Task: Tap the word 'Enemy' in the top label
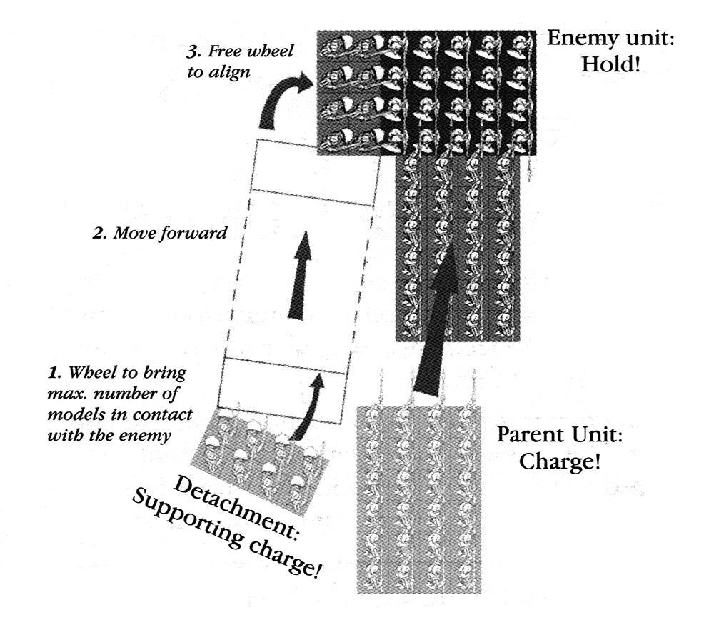tap(578, 37)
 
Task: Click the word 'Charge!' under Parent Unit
tap(559, 461)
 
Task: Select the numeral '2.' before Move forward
tap(99, 233)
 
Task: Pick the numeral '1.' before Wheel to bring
tap(51, 372)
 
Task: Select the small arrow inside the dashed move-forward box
tap(303, 274)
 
